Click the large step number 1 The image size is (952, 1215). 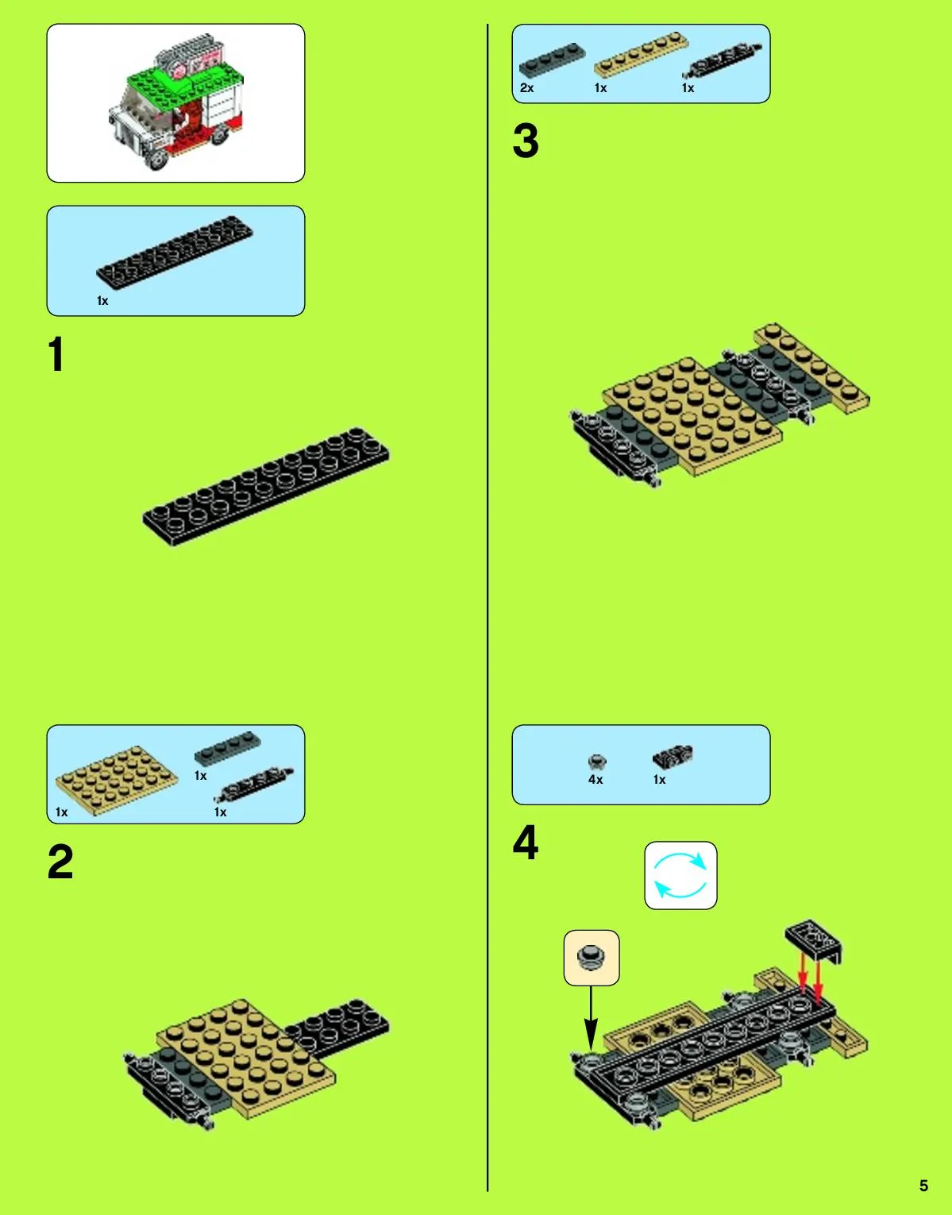click(x=56, y=354)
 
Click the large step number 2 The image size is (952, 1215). click(x=60, y=862)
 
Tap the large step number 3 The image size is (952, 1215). click(x=526, y=141)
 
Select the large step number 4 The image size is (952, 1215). click(x=526, y=842)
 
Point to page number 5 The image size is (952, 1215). click(x=923, y=1186)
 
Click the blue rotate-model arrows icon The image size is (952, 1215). click(x=680, y=875)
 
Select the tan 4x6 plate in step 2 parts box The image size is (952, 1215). click(x=117, y=780)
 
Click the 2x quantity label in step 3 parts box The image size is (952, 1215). click(x=526, y=88)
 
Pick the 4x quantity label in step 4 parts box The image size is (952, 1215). click(x=595, y=780)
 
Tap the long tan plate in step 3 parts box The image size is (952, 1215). click(x=642, y=54)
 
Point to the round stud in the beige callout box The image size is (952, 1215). click(x=592, y=957)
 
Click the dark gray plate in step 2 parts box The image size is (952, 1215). click(x=228, y=748)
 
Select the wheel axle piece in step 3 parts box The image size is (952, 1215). click(x=723, y=60)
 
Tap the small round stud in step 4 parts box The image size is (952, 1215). click(x=597, y=761)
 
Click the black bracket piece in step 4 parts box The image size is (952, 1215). click(x=673, y=757)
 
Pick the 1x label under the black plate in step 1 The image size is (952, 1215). click(x=102, y=301)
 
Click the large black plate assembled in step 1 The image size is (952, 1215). click(x=266, y=487)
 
